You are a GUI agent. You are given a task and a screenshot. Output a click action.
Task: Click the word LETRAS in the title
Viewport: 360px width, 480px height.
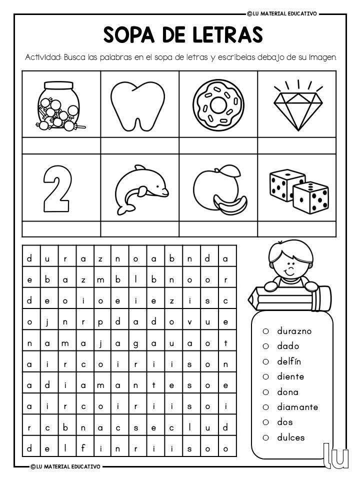pos(228,35)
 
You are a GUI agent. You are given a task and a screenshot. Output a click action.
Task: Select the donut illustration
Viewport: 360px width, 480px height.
pos(218,104)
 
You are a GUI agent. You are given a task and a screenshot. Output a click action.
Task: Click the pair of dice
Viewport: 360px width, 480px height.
pos(298,190)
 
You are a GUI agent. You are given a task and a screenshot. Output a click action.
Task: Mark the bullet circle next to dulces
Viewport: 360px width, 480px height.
pos(266,437)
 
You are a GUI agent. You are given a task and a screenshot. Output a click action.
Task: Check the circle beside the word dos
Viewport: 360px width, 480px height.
pos(266,422)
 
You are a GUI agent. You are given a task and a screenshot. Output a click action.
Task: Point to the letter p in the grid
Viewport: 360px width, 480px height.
pos(100,322)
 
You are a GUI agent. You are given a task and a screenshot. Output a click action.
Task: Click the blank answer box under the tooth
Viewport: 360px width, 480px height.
pos(139,145)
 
